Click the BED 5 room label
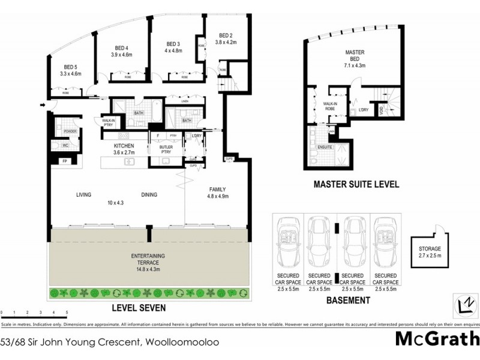click(x=71, y=67)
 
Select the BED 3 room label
click(x=173, y=44)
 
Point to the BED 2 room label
click(x=226, y=35)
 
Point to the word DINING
click(x=149, y=194)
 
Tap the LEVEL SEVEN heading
click(x=139, y=308)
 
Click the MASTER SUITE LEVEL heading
click(x=356, y=184)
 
